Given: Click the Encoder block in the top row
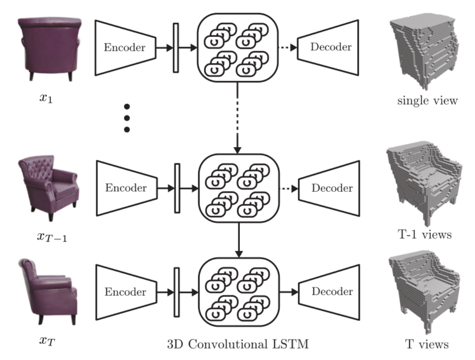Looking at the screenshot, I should pos(125,47).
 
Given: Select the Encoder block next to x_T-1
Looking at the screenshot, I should pos(126,188).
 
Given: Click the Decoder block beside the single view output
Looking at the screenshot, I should pos(330,47).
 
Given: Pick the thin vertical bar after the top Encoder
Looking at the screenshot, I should pos(176,47).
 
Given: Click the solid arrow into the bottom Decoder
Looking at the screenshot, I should pos(288,292).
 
